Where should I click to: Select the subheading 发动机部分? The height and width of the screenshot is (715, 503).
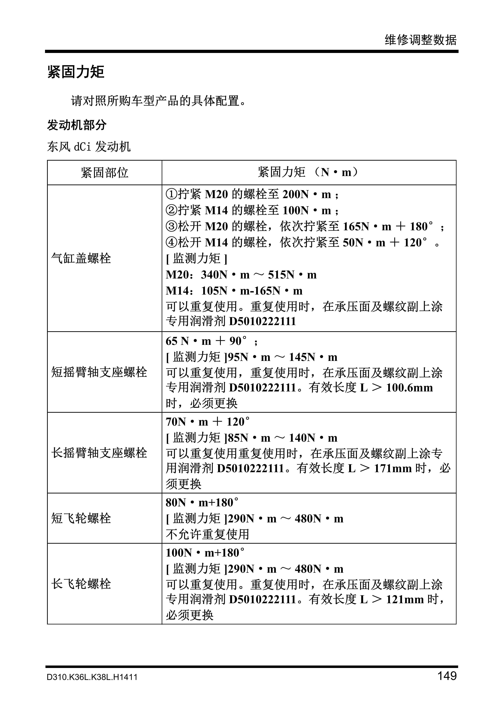coord(77,125)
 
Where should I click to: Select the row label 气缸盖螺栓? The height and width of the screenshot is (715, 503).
coord(81,258)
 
